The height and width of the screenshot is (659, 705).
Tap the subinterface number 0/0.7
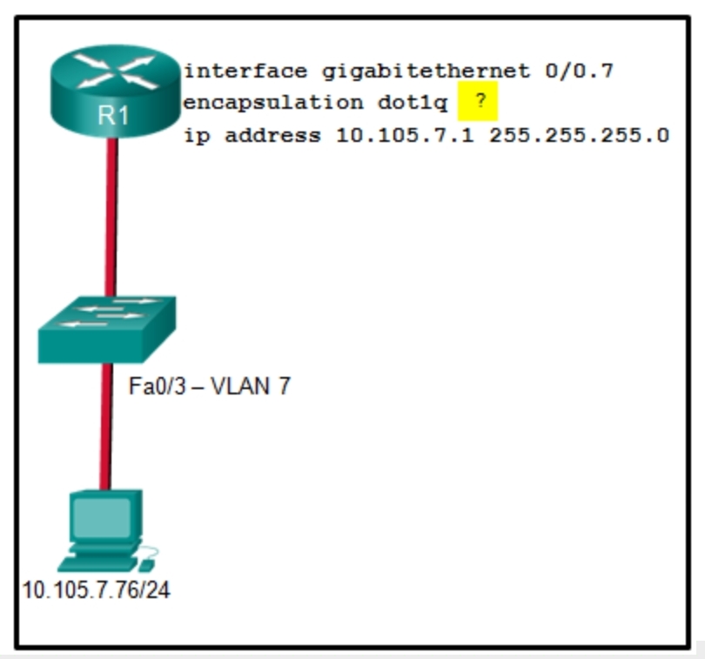[580, 71]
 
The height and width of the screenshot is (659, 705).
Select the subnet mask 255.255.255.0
[579, 136]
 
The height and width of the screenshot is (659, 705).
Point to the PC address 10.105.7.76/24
[96, 591]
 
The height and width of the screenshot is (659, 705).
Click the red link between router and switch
[111, 218]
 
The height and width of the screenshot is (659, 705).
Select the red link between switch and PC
[105, 427]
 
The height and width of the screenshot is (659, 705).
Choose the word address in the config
[266, 136]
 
